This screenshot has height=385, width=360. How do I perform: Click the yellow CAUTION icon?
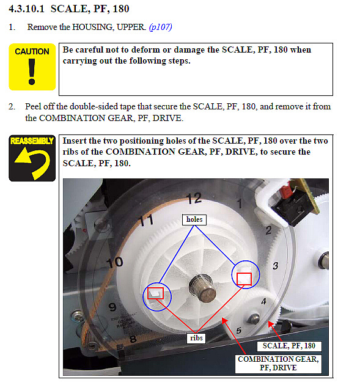(32, 67)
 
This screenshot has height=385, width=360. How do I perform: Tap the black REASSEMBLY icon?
(32, 158)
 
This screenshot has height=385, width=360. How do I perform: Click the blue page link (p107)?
(160, 27)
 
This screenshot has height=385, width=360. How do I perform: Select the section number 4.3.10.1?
(26, 9)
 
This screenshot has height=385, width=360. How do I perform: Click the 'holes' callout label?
(194, 219)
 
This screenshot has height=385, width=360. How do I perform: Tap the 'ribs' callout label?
(196, 338)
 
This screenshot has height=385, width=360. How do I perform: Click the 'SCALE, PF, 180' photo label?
(289, 346)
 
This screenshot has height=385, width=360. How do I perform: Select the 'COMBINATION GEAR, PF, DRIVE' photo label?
(278, 364)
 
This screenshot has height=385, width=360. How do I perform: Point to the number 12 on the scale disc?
(194, 198)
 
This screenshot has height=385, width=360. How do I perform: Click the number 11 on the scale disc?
(146, 220)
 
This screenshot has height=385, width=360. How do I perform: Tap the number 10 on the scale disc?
(115, 263)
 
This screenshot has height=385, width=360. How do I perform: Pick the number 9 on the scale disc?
(112, 307)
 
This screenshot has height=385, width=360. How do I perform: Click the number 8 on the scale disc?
(133, 339)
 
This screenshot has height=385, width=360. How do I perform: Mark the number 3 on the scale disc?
(276, 266)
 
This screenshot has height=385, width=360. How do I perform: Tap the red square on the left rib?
(155, 293)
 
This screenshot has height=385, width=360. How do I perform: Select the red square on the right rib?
(244, 279)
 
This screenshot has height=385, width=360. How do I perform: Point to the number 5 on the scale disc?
(239, 331)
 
